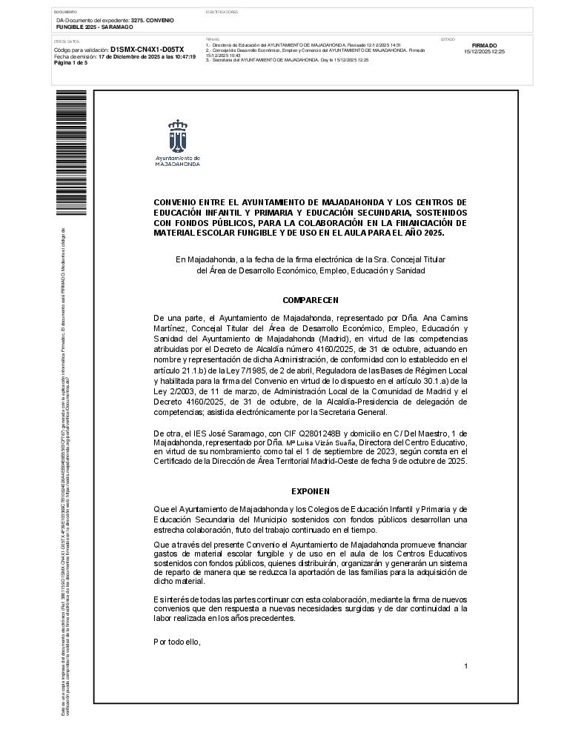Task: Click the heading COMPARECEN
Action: point(311,300)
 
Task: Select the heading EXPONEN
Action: point(311,491)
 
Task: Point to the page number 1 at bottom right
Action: point(465,666)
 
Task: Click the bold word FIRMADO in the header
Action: point(484,46)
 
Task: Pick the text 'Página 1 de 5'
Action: point(71,63)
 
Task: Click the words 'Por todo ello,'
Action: point(177,642)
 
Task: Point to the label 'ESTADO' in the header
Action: point(448,39)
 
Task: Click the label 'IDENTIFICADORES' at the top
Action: point(222,13)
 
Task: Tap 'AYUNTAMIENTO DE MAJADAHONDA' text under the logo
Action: point(177,161)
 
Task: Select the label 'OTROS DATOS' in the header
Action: point(67,41)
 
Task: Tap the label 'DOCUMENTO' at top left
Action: point(66,13)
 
